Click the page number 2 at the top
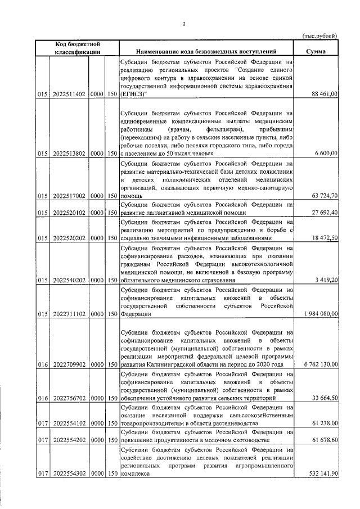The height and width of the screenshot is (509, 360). pyautogui.click(x=183, y=24)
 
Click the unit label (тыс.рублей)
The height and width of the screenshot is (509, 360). pyautogui.click(x=320, y=35)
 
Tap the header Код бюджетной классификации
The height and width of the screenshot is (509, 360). pyautogui.click(x=78, y=47)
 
